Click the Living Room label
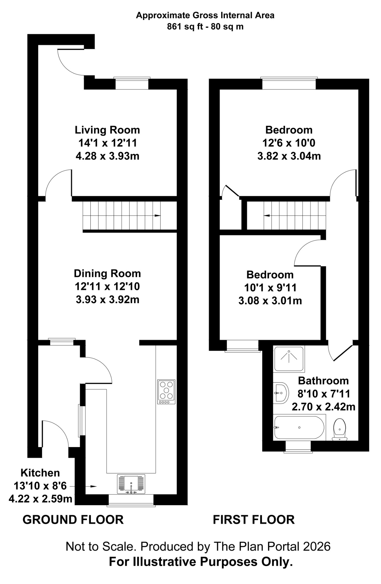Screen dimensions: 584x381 [x=107, y=130]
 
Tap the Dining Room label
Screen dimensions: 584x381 [x=107, y=273]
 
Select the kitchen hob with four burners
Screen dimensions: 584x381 [x=166, y=392]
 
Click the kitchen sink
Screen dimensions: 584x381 [x=131, y=484]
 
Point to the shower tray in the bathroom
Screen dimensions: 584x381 [x=289, y=358]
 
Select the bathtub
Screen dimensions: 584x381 [x=299, y=427]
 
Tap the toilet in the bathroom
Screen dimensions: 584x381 [x=340, y=429]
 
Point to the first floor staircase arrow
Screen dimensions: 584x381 [x=267, y=216]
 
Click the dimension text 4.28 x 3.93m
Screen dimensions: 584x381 [x=107, y=156]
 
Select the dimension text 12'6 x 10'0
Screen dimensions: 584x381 [x=289, y=143]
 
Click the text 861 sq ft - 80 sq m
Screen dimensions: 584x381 [x=205, y=27]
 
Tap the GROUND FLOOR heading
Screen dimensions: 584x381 [x=73, y=520]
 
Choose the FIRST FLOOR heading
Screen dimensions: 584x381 [x=254, y=520]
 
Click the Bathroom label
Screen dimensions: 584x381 [x=323, y=381]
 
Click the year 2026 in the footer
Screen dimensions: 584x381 [x=317, y=546]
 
